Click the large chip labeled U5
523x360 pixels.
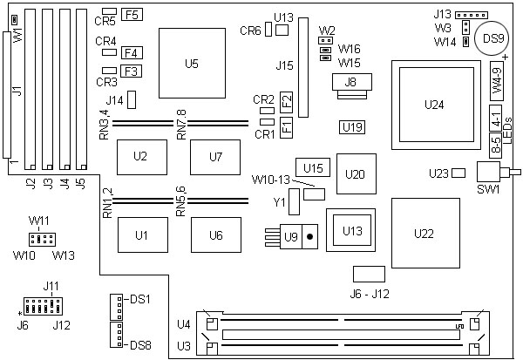(193, 63)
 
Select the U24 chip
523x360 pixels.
(433, 105)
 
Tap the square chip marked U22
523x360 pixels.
(425, 234)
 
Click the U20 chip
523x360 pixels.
(355, 173)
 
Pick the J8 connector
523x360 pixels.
(351, 84)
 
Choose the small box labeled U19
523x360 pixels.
(353, 127)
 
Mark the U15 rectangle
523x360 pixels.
(314, 166)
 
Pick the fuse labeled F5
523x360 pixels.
(133, 15)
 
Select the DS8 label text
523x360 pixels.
(140, 346)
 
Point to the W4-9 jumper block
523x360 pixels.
(494, 85)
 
